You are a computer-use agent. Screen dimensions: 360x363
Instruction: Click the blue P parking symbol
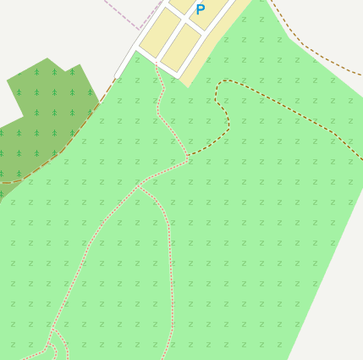201,10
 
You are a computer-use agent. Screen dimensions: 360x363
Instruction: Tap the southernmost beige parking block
180,48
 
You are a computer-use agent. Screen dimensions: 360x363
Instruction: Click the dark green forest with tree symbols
42,119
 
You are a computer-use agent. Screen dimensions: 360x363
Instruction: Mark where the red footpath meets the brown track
188,158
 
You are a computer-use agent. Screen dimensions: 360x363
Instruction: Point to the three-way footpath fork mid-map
139,186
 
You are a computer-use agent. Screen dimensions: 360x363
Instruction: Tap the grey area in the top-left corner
42,25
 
